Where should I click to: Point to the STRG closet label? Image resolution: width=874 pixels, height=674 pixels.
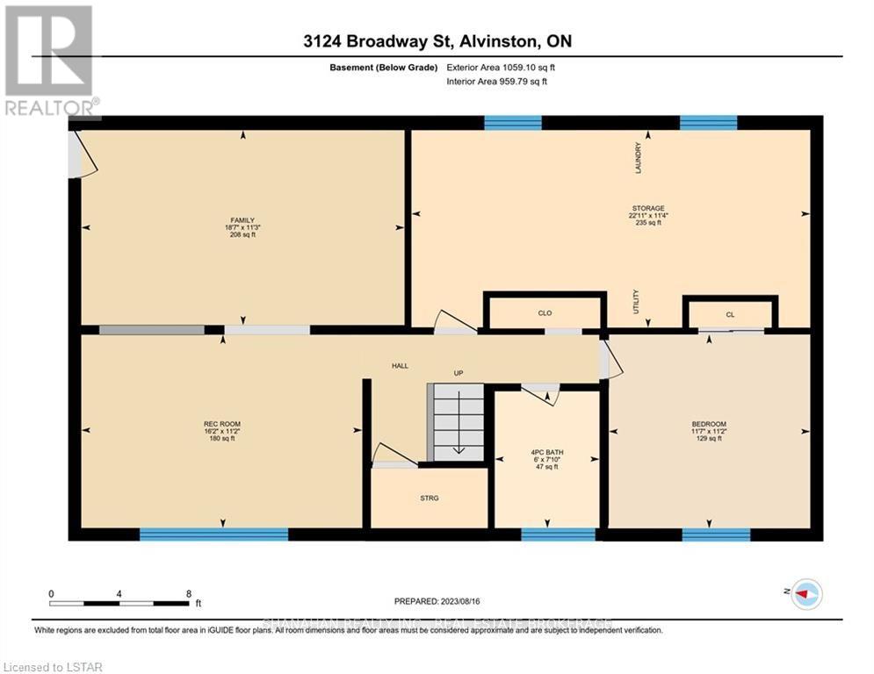429,498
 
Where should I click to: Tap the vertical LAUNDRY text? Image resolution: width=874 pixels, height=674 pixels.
639,157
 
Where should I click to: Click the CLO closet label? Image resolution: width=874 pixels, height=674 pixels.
545,312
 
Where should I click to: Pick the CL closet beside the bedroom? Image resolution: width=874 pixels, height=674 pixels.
730,314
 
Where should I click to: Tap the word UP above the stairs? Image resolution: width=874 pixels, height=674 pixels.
458,373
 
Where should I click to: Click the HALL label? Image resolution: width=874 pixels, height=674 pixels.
400,366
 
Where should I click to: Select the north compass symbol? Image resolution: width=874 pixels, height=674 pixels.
805,594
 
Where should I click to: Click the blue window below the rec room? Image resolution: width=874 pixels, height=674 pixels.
213,534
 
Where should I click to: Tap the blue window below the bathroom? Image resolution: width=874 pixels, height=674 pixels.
559,534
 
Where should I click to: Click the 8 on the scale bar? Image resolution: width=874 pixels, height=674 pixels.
189,593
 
